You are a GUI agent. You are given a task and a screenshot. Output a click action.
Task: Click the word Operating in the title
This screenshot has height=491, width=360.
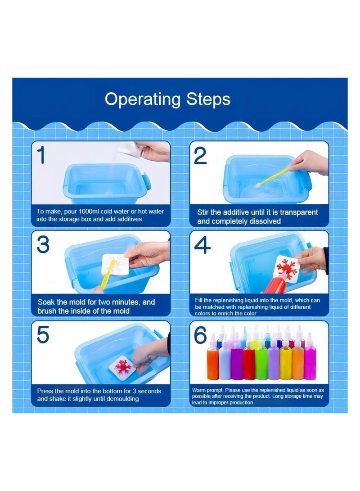(x=143, y=100)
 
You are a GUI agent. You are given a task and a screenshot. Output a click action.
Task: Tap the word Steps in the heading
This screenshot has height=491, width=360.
(x=208, y=99)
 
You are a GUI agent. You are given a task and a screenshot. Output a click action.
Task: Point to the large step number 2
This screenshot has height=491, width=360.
(x=200, y=156)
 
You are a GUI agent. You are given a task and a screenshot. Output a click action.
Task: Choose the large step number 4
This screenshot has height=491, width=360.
(x=202, y=245)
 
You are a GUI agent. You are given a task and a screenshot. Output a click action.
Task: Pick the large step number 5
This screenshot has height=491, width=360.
(x=43, y=334)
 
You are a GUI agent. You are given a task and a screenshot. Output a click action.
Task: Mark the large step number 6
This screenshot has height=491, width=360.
(x=201, y=335)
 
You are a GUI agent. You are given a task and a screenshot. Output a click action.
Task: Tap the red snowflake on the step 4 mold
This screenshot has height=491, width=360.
(x=286, y=266)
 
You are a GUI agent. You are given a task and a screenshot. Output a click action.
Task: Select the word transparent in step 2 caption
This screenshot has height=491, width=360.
(x=299, y=212)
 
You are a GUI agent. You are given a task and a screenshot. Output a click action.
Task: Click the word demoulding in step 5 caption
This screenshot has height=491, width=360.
(x=122, y=399)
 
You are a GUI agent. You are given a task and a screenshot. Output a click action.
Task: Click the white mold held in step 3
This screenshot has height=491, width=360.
(x=115, y=265)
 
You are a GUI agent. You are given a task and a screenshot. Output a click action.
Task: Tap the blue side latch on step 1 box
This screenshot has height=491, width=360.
(x=147, y=182)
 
